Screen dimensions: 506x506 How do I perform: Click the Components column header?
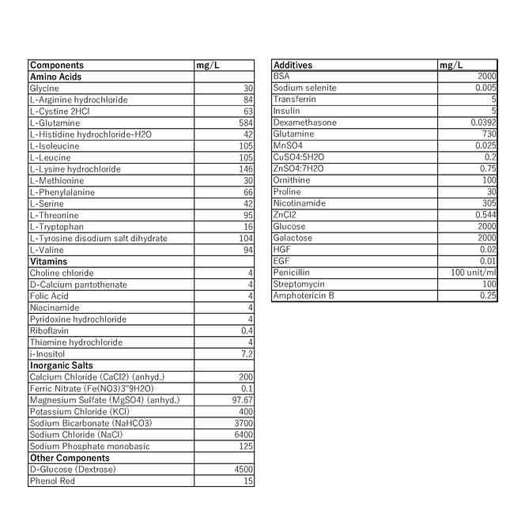point(56,65)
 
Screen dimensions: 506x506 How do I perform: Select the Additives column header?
point(293,65)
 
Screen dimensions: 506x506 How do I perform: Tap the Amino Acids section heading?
point(55,77)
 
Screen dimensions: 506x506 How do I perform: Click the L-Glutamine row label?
point(55,123)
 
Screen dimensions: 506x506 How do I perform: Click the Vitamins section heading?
point(48,261)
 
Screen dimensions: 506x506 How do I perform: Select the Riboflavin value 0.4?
point(247,330)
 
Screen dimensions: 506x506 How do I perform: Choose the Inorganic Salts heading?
point(61,365)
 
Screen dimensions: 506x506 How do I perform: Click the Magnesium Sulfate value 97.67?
point(240,400)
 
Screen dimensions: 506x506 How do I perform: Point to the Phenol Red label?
point(52,480)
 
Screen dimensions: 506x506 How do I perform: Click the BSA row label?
point(282,76)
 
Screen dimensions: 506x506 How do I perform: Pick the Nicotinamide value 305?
point(488,203)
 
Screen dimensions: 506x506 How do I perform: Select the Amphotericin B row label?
point(304,296)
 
